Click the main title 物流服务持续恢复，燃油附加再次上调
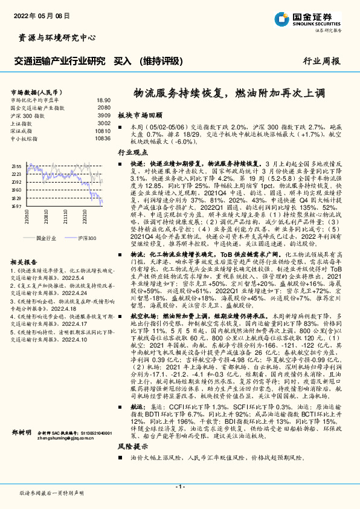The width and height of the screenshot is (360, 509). click(x=229, y=94)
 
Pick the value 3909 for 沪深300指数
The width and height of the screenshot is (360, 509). click(x=104, y=115)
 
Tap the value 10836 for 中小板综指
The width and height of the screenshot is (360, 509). click(x=103, y=138)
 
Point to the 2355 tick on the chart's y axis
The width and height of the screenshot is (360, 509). click(x=17, y=166)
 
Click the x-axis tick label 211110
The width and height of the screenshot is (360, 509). click(x=65, y=216)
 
